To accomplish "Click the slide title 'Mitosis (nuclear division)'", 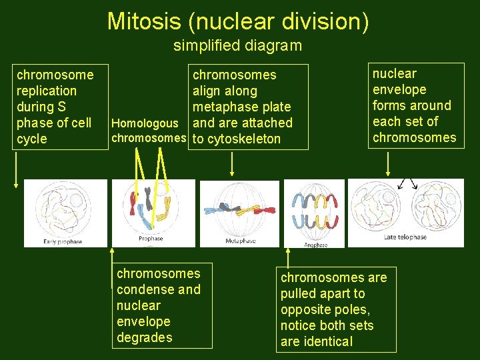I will pyautogui.click(x=238, y=21).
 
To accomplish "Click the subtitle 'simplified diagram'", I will pyautogui.click(x=237, y=46).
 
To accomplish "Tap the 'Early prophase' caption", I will pyautogui.click(x=63, y=241).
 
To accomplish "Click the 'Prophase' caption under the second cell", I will pyautogui.click(x=151, y=238).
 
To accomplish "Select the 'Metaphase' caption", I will pyautogui.click(x=240, y=241).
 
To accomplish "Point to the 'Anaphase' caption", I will pyautogui.click(x=315, y=245).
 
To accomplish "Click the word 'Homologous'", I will pyautogui.click(x=145, y=123).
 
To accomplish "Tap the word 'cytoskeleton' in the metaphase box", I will pyautogui.click(x=245, y=139).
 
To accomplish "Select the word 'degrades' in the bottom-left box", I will pyautogui.click(x=144, y=337).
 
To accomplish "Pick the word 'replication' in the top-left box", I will pyautogui.click(x=46, y=91).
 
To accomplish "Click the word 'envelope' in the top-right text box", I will pyautogui.click(x=399, y=89).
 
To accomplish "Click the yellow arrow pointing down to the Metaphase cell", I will pyautogui.click(x=231, y=164).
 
